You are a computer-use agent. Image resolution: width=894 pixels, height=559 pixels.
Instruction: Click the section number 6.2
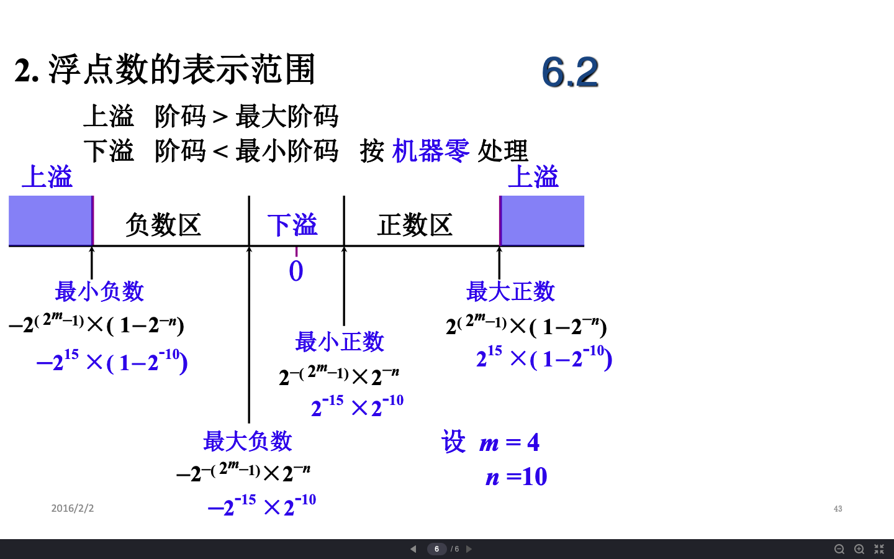570,72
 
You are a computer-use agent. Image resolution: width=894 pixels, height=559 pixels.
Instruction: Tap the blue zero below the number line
296,271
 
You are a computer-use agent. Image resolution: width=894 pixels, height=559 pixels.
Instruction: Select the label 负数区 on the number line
163,224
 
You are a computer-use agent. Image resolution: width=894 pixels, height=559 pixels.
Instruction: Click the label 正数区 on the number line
415,224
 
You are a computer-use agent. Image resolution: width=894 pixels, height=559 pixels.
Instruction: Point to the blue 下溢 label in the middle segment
292,224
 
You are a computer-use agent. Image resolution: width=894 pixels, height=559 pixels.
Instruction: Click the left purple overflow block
51,220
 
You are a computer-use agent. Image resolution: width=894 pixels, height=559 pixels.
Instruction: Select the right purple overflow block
542,220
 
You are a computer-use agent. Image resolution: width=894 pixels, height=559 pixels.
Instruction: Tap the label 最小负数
99,291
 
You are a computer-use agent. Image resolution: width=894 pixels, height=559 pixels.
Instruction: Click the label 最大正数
510,291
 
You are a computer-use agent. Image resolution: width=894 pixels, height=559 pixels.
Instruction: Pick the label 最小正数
340,342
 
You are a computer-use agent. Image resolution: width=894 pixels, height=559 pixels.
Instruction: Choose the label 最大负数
248,441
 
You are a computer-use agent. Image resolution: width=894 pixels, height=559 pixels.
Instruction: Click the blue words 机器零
431,151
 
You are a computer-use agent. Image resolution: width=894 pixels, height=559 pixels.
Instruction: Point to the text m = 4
509,442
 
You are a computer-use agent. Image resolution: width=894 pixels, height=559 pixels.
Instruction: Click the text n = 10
516,476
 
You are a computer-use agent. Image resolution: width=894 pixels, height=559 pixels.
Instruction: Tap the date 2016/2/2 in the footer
72,508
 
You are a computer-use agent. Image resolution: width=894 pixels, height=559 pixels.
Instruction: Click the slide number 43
838,509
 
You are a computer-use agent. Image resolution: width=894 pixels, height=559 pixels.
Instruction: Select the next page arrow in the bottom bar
469,549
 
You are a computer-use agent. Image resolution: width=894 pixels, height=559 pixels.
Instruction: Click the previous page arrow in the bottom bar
413,549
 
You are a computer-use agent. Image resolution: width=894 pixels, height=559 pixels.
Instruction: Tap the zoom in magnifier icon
859,550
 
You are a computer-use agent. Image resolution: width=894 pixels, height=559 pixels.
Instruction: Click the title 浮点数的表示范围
182,70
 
